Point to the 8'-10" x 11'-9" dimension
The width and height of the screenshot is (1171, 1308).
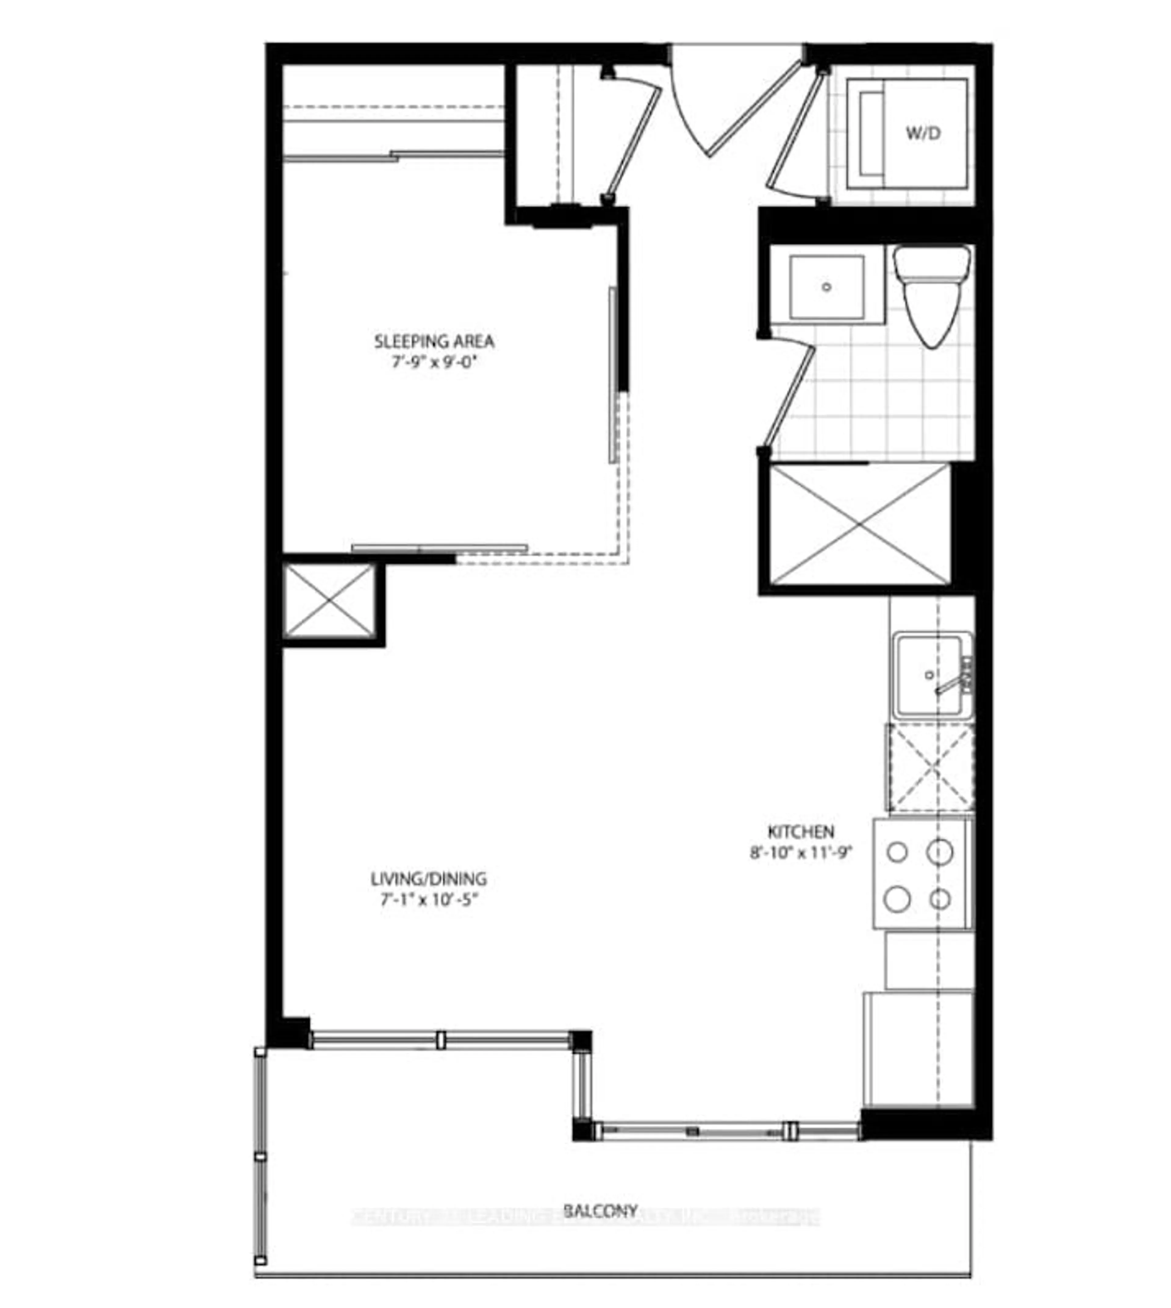(801, 853)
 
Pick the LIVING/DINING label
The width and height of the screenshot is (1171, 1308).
(428, 878)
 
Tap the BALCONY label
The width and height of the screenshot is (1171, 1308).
(600, 1211)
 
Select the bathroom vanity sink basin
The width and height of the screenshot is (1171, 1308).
(827, 287)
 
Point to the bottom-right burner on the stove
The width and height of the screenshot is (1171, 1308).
(940, 899)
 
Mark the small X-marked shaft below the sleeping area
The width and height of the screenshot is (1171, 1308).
(329, 601)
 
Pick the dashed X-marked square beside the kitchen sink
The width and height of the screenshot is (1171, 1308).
(930, 767)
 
